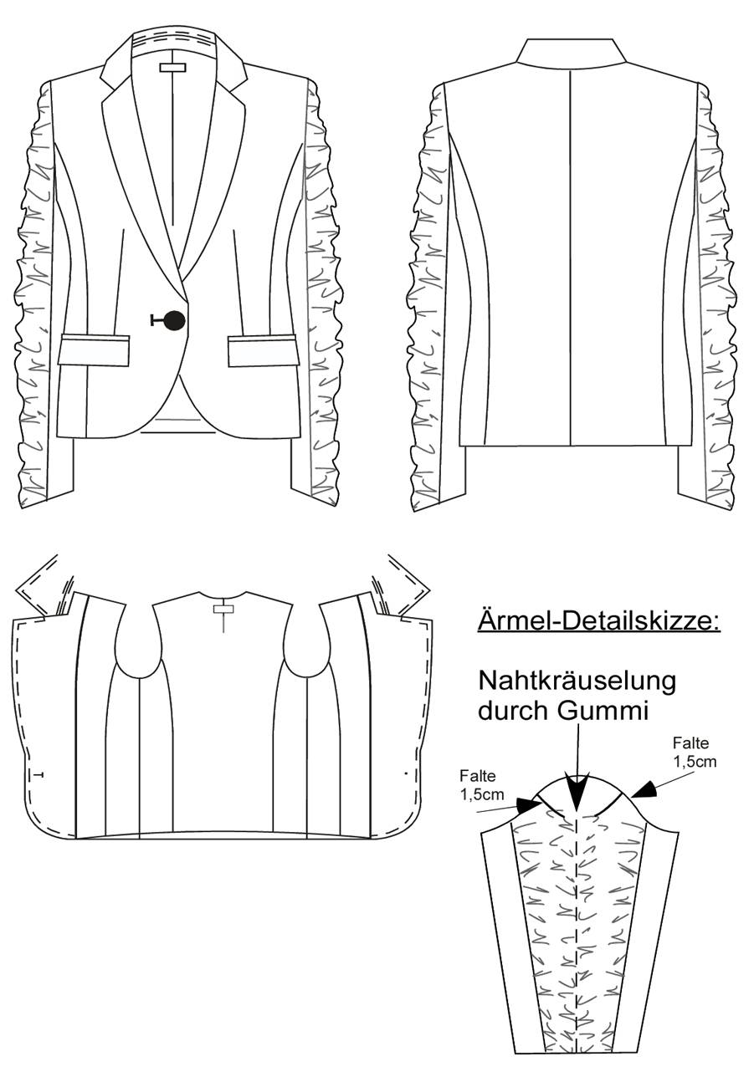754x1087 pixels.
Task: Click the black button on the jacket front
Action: [175, 320]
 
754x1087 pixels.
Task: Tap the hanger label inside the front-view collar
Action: [173, 67]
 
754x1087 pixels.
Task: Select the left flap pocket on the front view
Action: [94, 350]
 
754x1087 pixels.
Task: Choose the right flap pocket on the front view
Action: [262, 350]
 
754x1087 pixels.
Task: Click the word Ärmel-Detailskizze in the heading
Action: [598, 620]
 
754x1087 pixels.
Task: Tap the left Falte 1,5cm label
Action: [480, 785]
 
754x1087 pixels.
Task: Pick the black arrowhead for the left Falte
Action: [529, 805]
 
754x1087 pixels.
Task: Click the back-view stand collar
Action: [571, 52]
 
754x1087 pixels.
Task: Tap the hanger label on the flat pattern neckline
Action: [223, 609]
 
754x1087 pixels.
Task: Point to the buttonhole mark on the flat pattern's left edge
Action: [38, 775]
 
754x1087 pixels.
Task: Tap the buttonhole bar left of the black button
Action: [157, 320]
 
